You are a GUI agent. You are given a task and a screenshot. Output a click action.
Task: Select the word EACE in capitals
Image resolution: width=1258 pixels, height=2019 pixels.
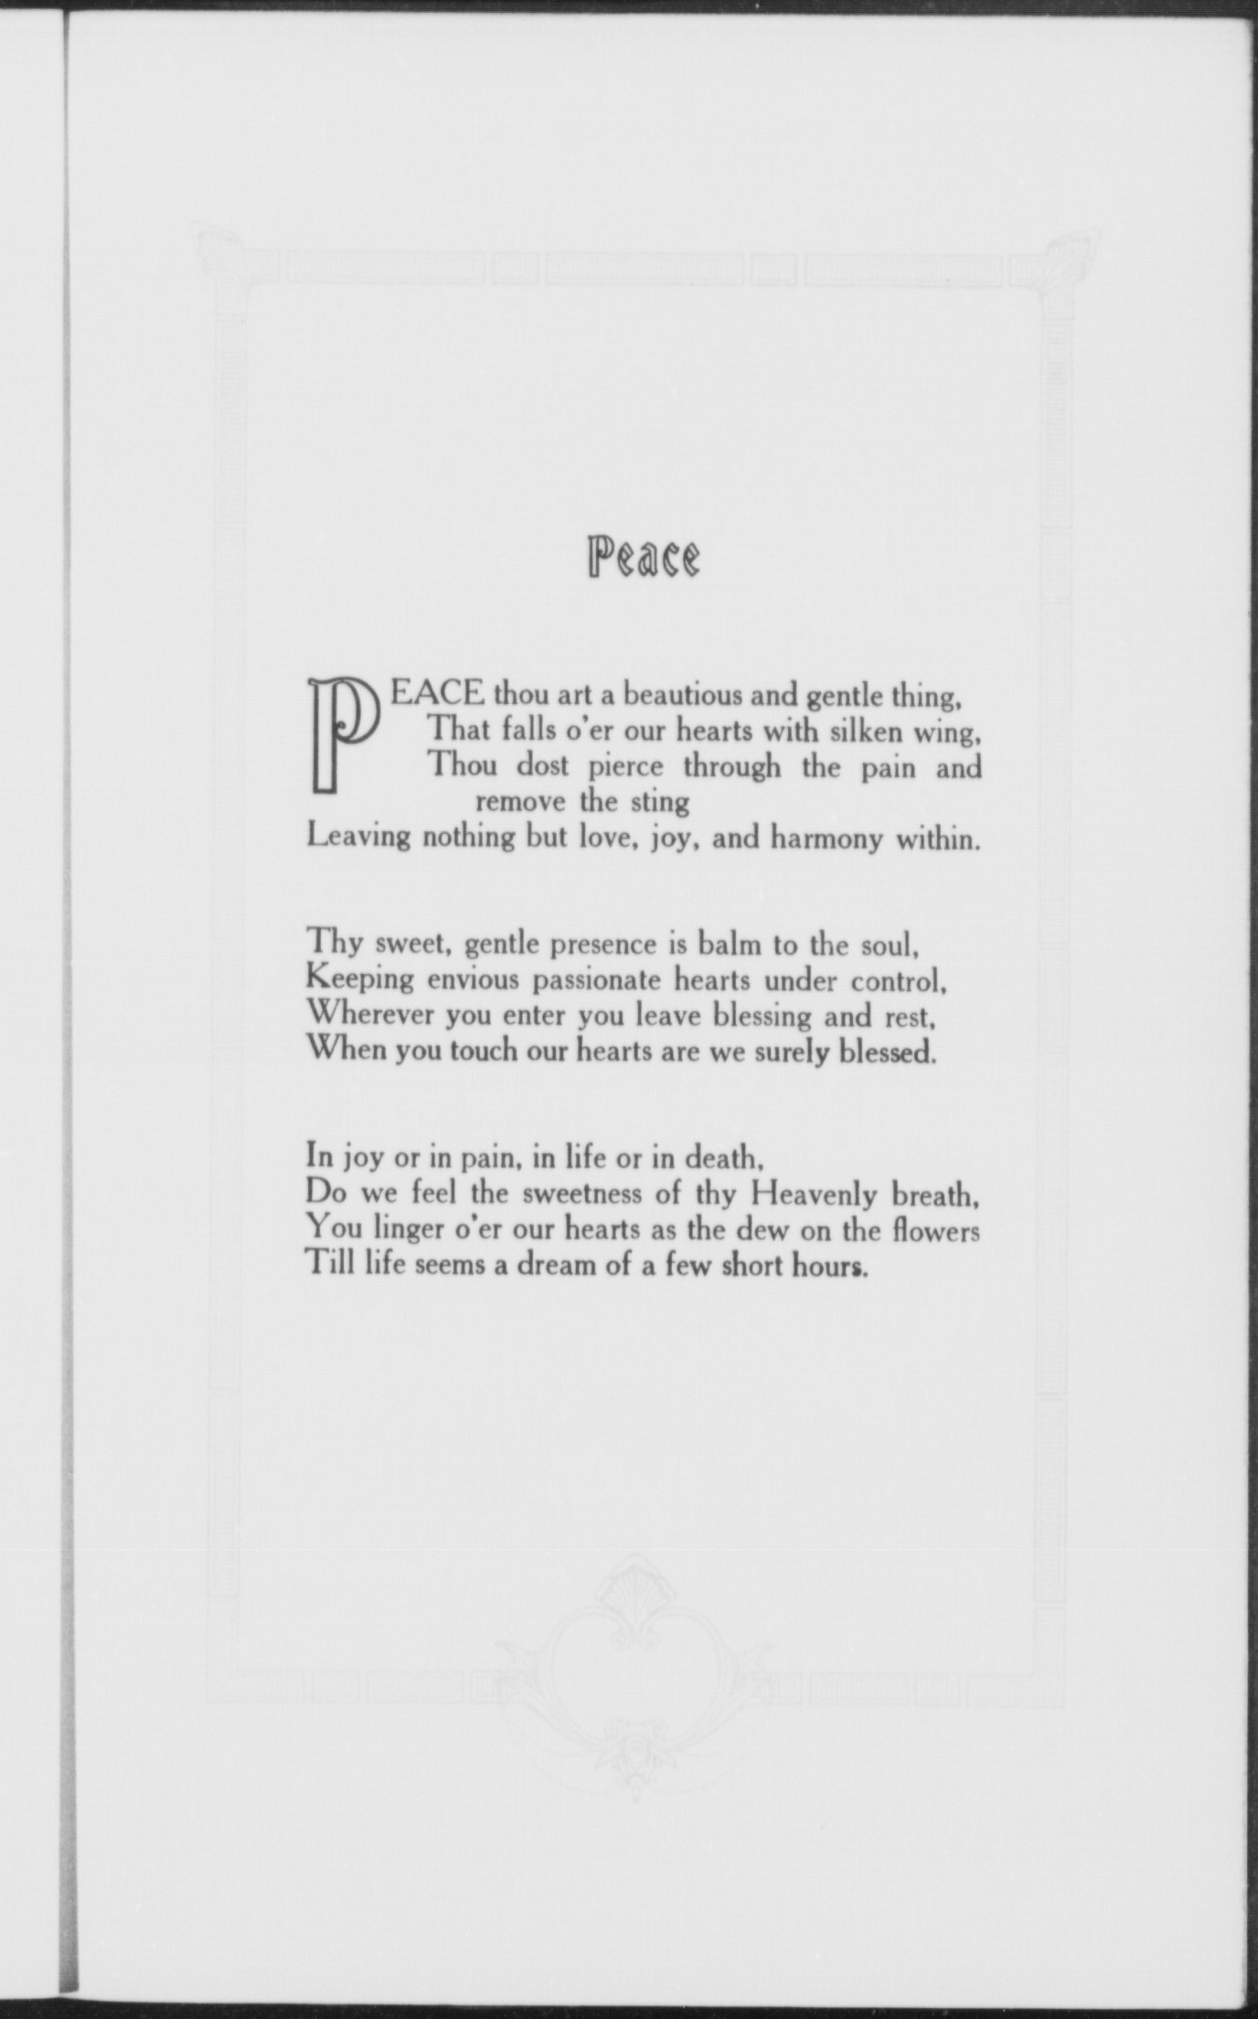click(437, 692)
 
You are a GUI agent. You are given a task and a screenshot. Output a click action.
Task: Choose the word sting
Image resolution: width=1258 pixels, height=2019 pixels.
click(660, 802)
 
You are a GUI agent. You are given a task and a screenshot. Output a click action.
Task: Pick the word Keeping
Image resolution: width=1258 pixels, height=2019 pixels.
click(359, 979)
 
